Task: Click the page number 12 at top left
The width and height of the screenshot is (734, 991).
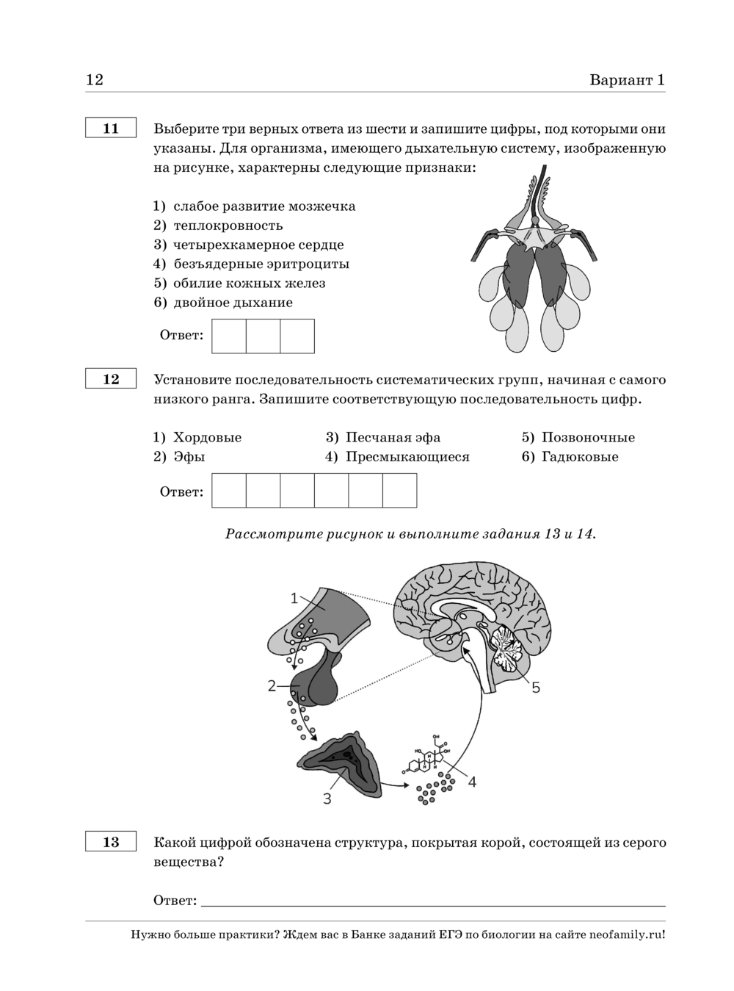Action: click(x=95, y=80)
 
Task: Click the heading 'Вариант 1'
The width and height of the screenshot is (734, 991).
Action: click(x=627, y=80)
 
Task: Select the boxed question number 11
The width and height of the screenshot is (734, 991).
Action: click(x=111, y=129)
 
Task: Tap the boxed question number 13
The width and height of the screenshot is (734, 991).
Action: click(x=111, y=842)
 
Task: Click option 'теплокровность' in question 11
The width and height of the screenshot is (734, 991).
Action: click(x=228, y=226)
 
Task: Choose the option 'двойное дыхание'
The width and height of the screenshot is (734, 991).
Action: click(x=233, y=302)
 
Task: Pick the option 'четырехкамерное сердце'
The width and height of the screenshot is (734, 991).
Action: click(x=258, y=245)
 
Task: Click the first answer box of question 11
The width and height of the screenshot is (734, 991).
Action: click(x=229, y=336)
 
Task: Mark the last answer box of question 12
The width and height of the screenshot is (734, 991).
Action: click(x=399, y=491)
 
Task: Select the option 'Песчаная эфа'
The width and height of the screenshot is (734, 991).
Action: click(x=393, y=437)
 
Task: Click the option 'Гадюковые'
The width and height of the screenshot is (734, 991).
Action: click(x=580, y=456)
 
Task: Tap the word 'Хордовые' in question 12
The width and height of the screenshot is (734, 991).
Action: click(x=207, y=437)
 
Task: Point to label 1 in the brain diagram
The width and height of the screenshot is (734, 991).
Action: click(x=294, y=598)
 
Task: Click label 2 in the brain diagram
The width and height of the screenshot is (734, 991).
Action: click(x=272, y=685)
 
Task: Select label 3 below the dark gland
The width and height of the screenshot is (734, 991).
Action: click(x=327, y=798)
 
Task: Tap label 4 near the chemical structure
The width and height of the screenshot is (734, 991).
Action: click(x=472, y=782)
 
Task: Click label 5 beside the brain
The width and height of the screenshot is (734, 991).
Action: click(x=536, y=687)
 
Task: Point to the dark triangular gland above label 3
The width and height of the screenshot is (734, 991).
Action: click(x=338, y=763)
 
